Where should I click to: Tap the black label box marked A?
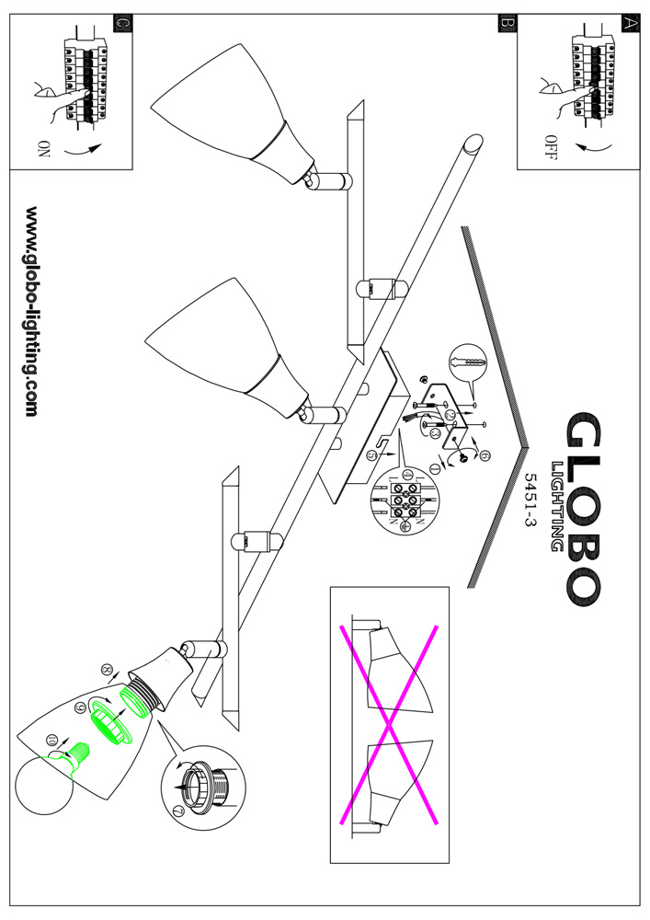tap(629, 24)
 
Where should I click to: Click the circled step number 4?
tap(450, 416)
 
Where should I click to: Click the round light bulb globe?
tap(44, 785)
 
